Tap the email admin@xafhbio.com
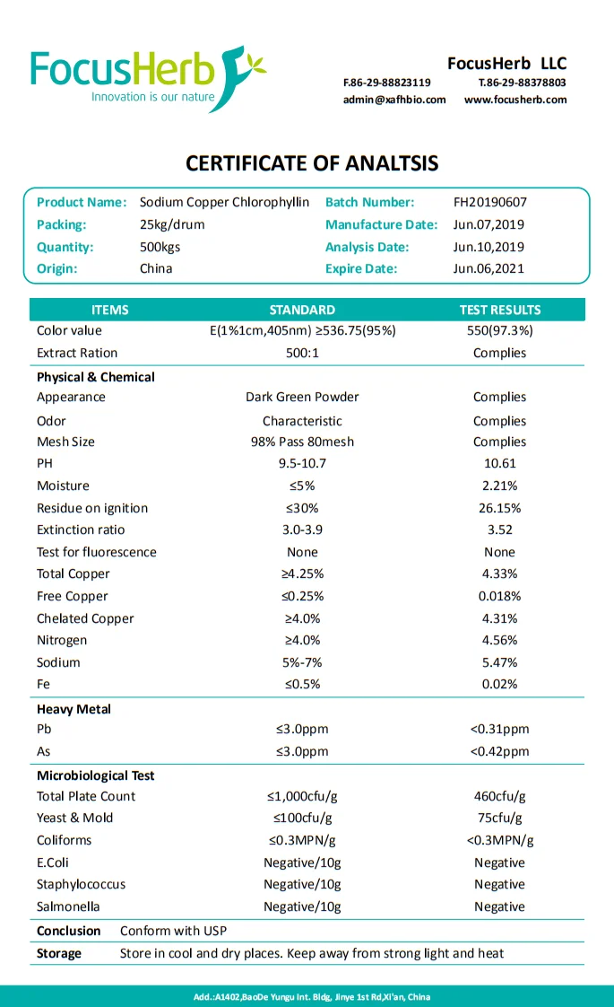click(x=393, y=100)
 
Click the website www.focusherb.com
click(x=515, y=100)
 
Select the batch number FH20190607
click(x=490, y=203)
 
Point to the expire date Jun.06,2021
click(x=489, y=268)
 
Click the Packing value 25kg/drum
click(x=172, y=224)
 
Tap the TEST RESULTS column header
click(x=499, y=310)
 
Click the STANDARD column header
click(x=302, y=310)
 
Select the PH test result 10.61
click(x=499, y=464)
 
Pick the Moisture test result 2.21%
click(x=499, y=486)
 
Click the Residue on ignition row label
click(x=91, y=508)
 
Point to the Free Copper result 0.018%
click(x=499, y=596)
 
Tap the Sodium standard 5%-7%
click(x=302, y=662)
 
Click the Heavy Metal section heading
click(x=74, y=709)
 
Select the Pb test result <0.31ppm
click(x=499, y=729)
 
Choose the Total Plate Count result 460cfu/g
click(x=499, y=796)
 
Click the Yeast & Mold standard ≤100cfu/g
click(x=302, y=818)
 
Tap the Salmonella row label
click(x=68, y=906)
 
